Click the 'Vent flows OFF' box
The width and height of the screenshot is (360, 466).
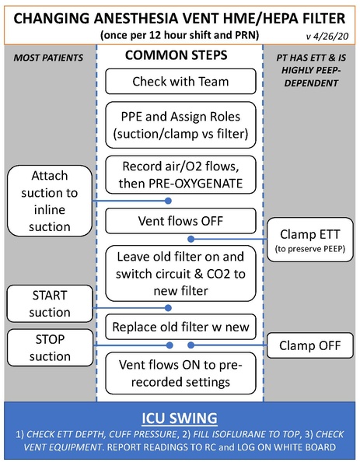[x=180, y=222]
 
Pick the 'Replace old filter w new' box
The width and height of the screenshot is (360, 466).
[x=180, y=328]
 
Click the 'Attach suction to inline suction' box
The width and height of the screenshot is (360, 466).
[x=48, y=201]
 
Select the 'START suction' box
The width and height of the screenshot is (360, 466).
[x=48, y=303]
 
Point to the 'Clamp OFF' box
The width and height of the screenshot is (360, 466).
[x=309, y=344]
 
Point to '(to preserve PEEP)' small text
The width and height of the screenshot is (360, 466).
[x=309, y=250]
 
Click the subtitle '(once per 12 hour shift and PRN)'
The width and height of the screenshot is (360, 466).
[x=180, y=36]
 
